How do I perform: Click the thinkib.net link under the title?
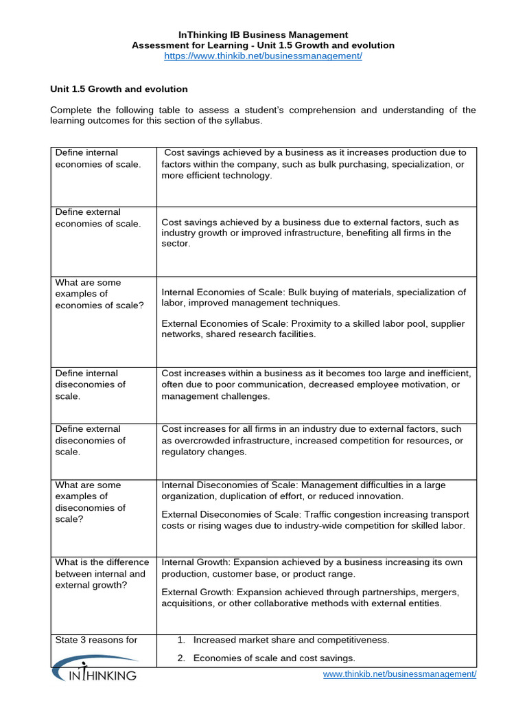pyautogui.click(x=263, y=56)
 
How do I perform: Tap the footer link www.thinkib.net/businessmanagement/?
pyautogui.click(x=399, y=674)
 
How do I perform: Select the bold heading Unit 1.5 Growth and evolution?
pyautogui.click(x=119, y=89)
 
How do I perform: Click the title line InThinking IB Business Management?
pyautogui.click(x=263, y=34)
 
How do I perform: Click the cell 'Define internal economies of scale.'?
pyautogui.click(x=97, y=158)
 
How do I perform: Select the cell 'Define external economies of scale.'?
pyautogui.click(x=97, y=218)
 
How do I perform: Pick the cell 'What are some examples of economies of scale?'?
pyautogui.click(x=99, y=294)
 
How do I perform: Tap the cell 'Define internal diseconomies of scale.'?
pyautogui.click(x=91, y=384)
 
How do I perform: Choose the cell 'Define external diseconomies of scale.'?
pyautogui.click(x=91, y=440)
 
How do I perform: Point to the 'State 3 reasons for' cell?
pyautogui.click(x=96, y=640)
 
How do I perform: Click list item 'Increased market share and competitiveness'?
pyautogui.click(x=291, y=640)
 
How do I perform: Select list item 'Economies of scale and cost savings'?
pyautogui.click(x=274, y=658)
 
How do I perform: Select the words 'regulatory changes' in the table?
pyautogui.click(x=204, y=452)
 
